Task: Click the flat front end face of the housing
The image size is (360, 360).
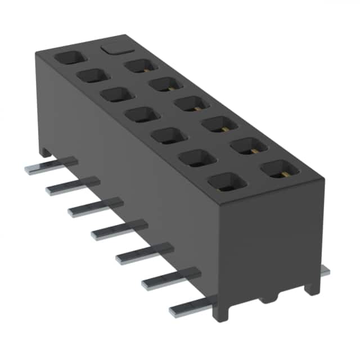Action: [270, 242]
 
